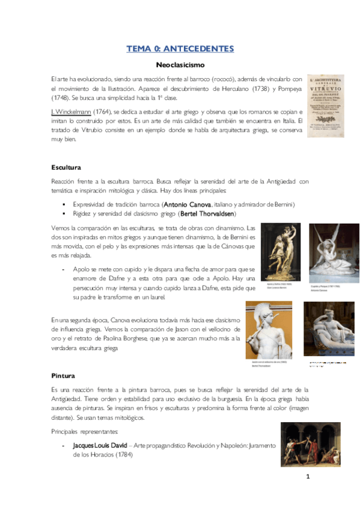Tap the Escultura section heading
click(66, 167)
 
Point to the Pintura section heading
click(63, 375)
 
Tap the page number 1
click(307, 478)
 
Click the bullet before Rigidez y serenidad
click(63, 214)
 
